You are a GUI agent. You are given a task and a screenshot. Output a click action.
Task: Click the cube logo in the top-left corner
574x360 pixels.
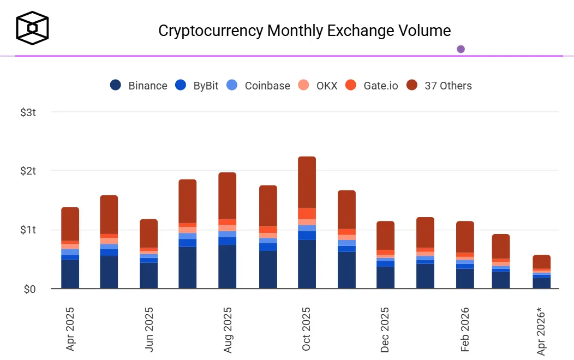32,27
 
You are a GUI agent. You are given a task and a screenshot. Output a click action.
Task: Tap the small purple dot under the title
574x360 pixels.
461,49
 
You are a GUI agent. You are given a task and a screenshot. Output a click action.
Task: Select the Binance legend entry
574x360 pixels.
139,86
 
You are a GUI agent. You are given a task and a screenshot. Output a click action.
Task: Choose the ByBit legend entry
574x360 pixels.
197,86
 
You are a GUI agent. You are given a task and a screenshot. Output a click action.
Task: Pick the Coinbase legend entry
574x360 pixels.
258,86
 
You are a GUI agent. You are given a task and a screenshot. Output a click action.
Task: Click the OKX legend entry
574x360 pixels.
318,86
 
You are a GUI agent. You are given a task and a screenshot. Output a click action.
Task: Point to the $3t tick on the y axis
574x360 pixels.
28,112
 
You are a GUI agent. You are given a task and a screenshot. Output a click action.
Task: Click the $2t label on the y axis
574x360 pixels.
28,171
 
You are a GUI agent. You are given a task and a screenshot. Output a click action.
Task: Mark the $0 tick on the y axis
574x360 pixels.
30,289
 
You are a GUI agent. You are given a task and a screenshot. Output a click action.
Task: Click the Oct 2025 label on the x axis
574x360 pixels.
307,329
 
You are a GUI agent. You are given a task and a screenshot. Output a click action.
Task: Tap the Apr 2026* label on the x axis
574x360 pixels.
542,332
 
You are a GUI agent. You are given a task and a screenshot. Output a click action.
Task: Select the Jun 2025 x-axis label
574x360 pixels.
148,329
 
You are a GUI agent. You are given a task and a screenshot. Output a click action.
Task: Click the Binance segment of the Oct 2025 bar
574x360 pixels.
307,264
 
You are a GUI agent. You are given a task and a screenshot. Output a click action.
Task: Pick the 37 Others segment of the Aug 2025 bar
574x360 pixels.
227,195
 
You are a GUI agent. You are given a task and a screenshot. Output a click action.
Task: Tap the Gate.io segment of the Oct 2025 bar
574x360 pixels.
307,213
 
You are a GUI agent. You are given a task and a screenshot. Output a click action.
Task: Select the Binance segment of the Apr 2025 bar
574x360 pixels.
70,274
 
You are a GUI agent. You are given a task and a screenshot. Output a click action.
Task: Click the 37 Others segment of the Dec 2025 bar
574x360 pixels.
385,235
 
